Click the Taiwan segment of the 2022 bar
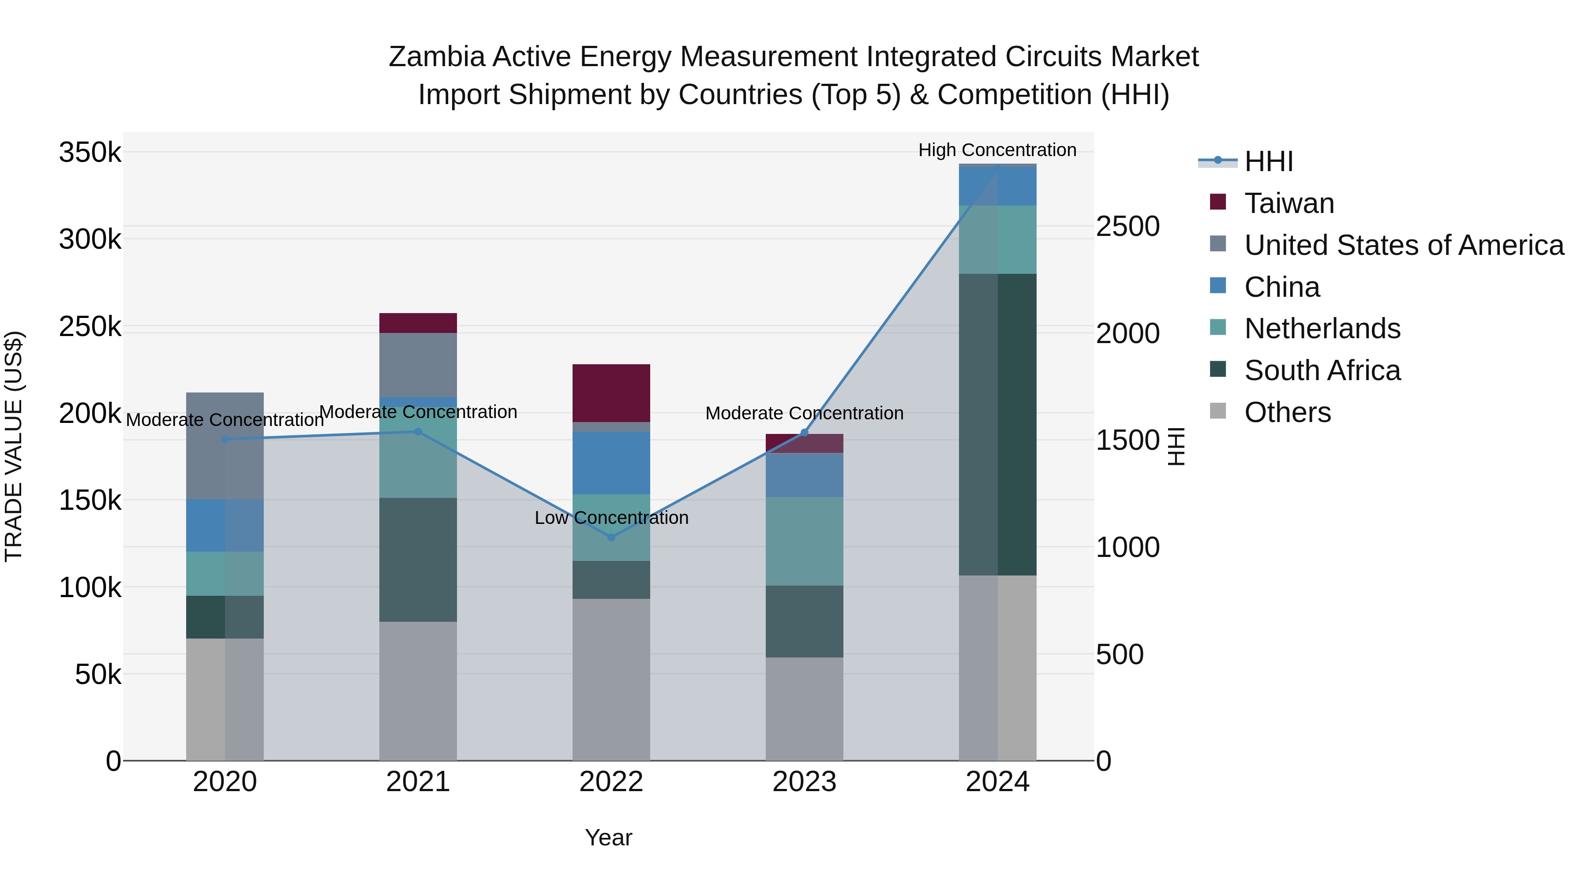611,392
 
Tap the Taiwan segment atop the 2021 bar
418,323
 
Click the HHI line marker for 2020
225,439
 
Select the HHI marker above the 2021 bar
418,431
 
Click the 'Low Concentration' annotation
611,518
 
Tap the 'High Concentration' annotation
997,150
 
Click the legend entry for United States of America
1404,245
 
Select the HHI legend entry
1268,161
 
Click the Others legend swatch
1218,411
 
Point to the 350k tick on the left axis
90,152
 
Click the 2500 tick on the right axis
1127,226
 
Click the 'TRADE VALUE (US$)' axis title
14,446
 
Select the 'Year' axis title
608,837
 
